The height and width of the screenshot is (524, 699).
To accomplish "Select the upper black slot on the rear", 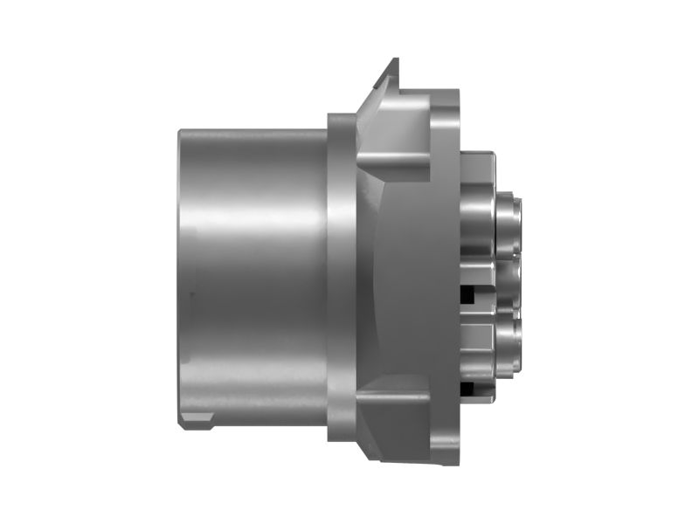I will click(469, 293).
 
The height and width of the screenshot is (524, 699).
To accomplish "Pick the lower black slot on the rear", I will click(469, 387).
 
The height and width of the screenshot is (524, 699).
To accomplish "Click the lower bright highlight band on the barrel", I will click(253, 367).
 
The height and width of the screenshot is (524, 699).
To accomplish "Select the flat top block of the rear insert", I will click(477, 166).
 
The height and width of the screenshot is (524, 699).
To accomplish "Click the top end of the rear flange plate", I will click(445, 96).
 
